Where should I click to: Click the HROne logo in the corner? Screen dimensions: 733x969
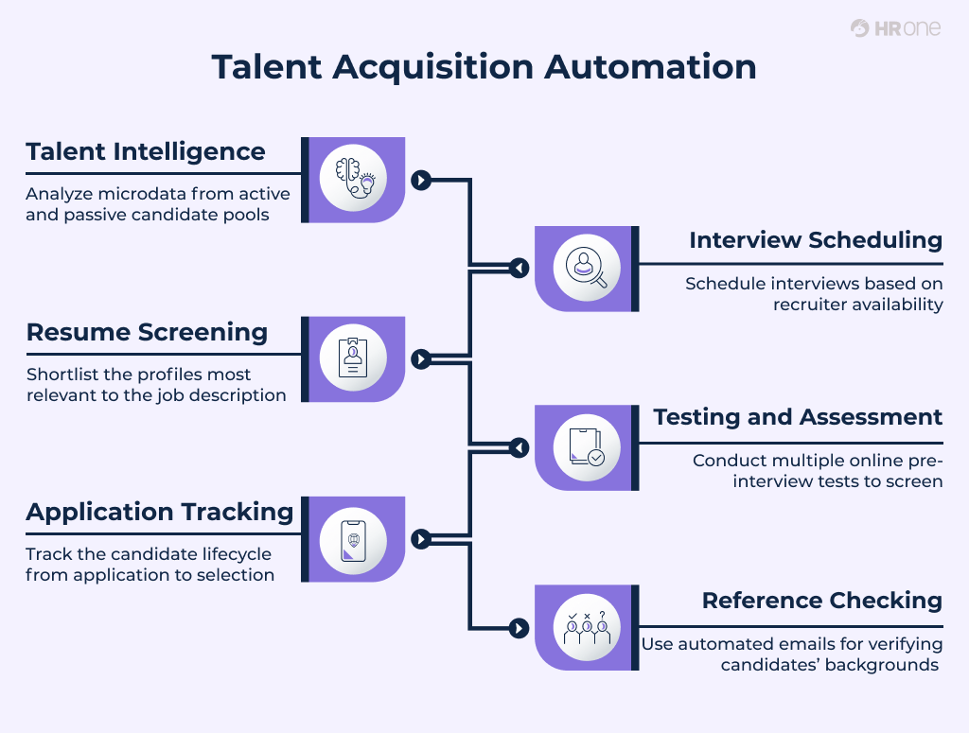click(895, 28)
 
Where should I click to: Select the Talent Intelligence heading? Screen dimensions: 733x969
click(146, 152)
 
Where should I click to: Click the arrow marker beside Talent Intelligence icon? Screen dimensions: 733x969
click(421, 180)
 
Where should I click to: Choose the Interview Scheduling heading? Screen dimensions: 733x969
click(816, 240)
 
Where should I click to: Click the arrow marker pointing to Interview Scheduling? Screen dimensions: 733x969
click(518, 269)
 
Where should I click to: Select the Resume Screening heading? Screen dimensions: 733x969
click(147, 332)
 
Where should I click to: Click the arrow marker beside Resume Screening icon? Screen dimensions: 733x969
click(421, 359)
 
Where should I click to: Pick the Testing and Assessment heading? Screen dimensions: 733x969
click(798, 417)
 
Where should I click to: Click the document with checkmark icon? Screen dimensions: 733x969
click(587, 447)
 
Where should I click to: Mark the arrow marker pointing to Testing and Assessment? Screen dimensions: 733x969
click(518, 447)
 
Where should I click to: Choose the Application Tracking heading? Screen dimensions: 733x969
click(160, 512)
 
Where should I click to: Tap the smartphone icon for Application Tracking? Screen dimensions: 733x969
click(354, 539)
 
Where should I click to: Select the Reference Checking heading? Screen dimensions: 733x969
click(822, 601)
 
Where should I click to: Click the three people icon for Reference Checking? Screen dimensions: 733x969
click(587, 627)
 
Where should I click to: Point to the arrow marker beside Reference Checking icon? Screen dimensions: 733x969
click(518, 627)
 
